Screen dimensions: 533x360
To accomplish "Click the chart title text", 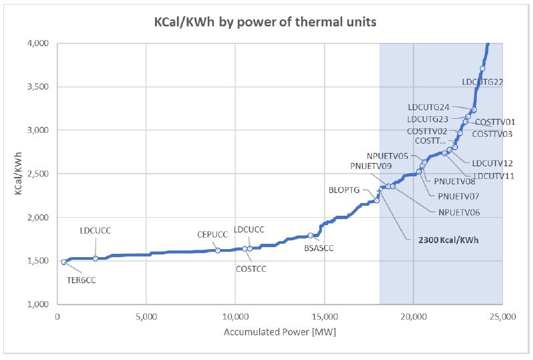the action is (265, 22).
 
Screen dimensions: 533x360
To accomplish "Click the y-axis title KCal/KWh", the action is (18, 174).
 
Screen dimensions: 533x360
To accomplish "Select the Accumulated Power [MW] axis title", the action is (280, 332).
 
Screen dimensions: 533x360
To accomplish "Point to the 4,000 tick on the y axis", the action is (38, 43).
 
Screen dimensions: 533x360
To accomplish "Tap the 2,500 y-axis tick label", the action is (38, 174).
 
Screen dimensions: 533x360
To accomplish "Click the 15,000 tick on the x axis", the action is (325, 317).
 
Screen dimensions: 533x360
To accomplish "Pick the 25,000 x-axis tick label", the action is (503, 317).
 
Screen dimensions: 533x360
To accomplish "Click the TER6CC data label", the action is (81, 281).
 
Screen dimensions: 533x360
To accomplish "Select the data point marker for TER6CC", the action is (64, 262).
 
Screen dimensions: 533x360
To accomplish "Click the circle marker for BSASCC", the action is (311, 235).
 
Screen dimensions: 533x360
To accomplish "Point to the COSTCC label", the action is (251, 269).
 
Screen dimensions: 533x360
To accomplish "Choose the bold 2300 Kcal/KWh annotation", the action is (448, 240).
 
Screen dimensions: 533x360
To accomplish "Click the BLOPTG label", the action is (344, 190).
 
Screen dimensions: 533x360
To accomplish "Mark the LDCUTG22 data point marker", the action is (482, 69).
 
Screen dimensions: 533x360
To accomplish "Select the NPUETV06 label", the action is (460, 212).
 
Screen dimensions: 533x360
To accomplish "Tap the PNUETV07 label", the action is (458, 196).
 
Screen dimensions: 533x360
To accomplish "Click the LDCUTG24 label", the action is (429, 107).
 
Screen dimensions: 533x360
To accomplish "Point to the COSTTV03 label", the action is (492, 134).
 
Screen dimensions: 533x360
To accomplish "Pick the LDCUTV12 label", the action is (492, 163).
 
